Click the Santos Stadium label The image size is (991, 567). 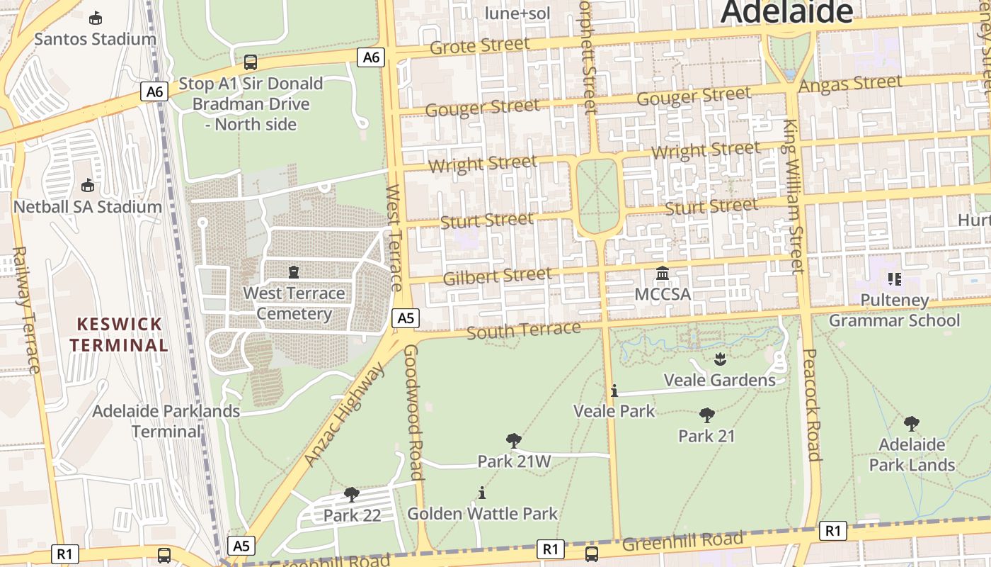point(95,39)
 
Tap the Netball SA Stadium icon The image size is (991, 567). point(88,186)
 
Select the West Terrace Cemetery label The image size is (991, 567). point(294,303)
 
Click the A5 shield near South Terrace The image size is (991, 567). point(405,318)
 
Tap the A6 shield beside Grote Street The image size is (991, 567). point(372,57)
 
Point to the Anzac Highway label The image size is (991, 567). point(345,415)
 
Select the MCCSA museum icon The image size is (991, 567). point(663,273)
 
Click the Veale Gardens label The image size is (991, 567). point(719,380)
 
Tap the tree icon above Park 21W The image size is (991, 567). point(514,441)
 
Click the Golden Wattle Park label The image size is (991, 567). point(482,513)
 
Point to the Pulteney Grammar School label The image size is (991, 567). point(894,310)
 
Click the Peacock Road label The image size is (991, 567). point(812,405)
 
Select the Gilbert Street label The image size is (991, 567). point(497,276)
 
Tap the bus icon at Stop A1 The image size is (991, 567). point(250,62)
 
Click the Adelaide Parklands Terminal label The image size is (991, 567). point(166,421)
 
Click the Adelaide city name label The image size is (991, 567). point(787,12)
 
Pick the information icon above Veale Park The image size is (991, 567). point(614,391)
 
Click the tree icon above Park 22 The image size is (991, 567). point(351,494)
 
